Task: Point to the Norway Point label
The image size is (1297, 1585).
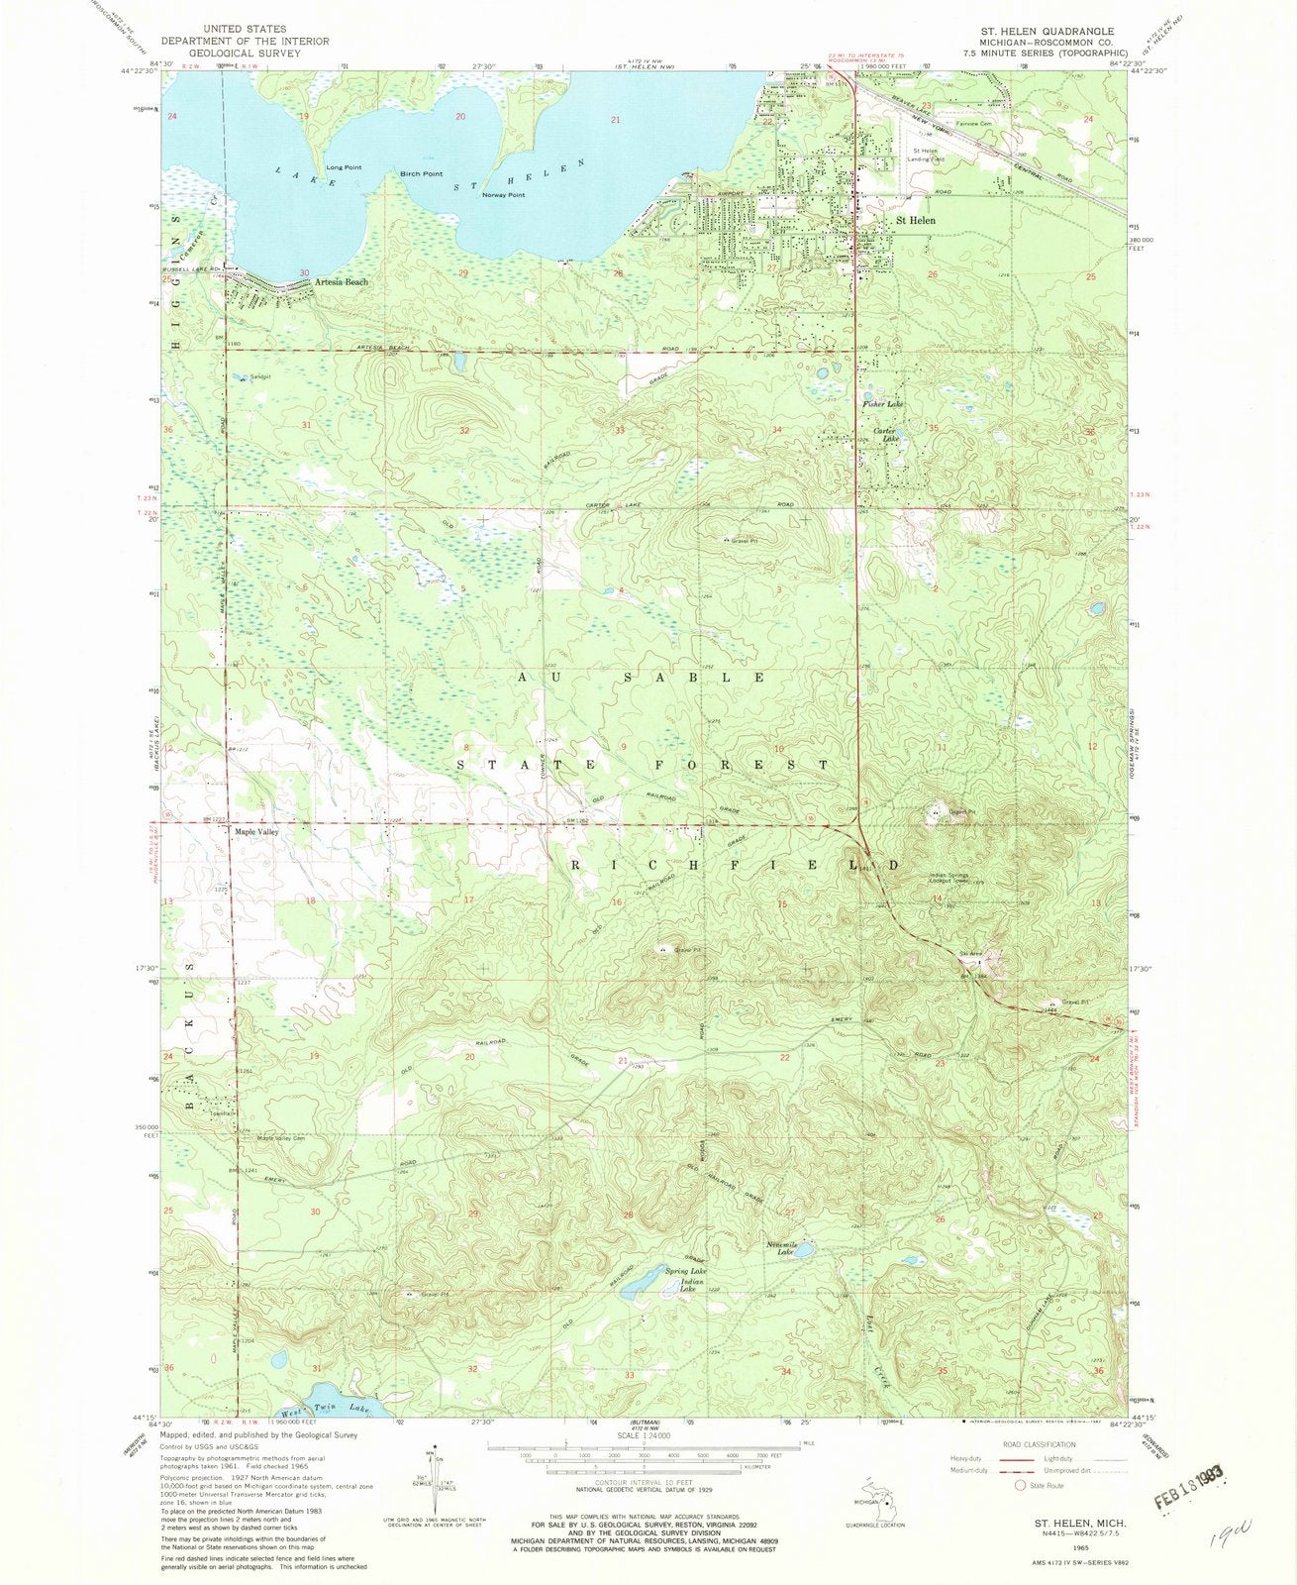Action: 503,195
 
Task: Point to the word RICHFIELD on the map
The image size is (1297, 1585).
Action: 735,865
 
